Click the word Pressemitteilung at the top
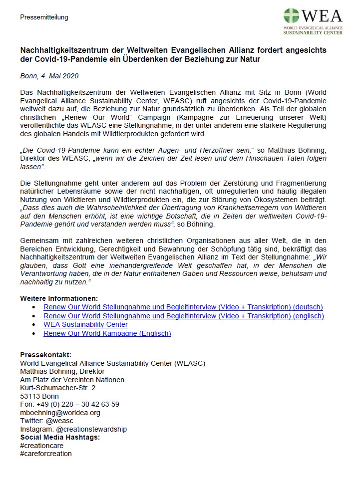[44, 17]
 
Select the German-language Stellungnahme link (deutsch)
[183, 307]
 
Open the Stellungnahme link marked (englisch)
[184, 316]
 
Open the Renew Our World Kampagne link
[107, 333]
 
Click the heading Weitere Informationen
[59, 298]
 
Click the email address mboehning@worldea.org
[60, 413]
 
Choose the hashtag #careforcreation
[46, 454]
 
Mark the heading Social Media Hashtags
[60, 437]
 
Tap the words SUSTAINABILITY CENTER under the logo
[313, 33]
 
